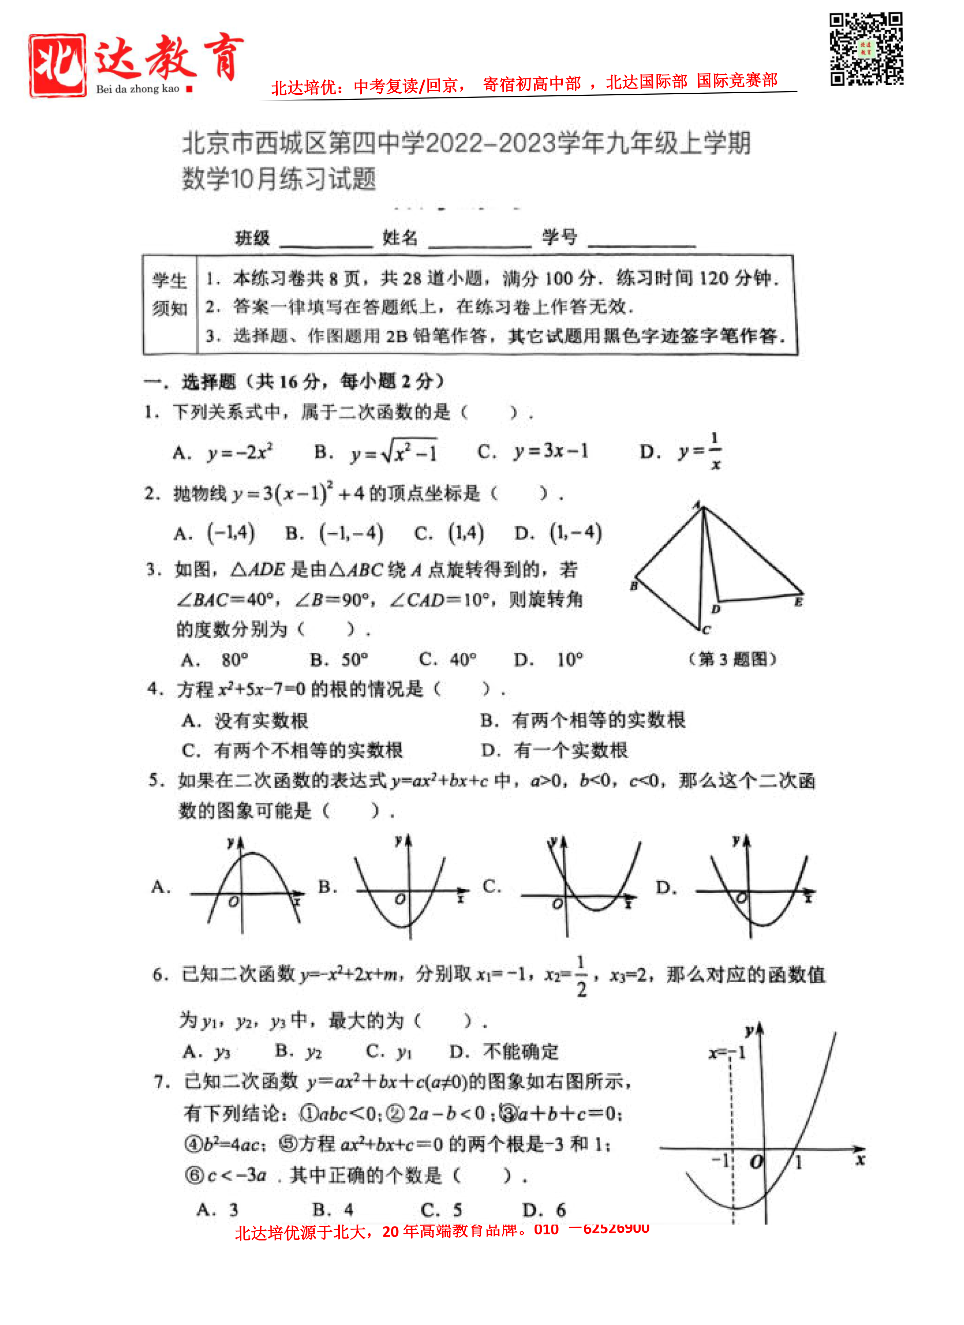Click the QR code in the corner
click(867, 49)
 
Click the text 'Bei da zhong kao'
click(138, 89)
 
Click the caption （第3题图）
click(733, 659)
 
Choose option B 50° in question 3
click(339, 660)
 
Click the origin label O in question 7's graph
click(756, 1162)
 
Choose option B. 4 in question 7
click(333, 1209)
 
